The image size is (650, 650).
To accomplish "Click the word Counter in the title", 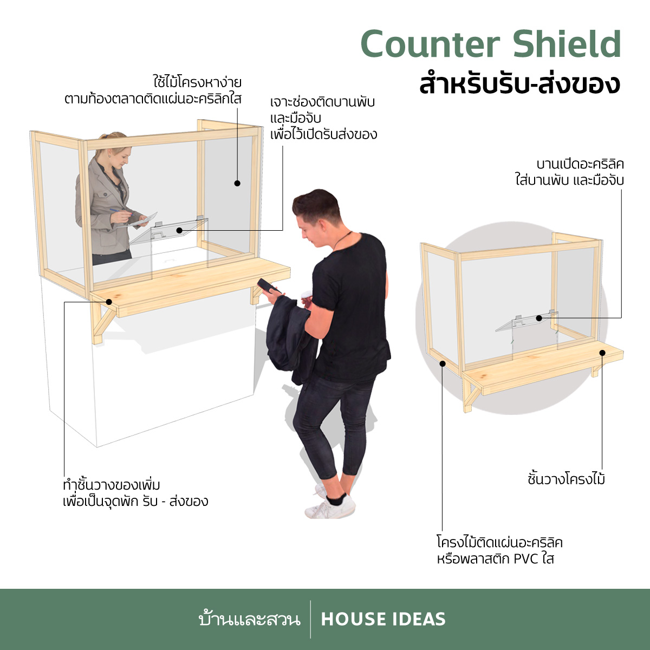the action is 430,44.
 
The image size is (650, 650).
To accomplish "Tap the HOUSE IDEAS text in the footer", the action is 383,619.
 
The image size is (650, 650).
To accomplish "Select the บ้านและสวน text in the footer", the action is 250,619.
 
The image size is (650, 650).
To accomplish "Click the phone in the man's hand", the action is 268,286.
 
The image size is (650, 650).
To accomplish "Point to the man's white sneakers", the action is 330,502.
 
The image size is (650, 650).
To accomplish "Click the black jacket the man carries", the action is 290,341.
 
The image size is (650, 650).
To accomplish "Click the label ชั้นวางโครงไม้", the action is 567,478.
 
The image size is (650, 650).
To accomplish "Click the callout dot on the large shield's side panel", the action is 237,183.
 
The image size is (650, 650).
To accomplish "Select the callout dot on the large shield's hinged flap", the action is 179,230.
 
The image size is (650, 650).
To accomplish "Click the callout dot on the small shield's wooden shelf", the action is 602,353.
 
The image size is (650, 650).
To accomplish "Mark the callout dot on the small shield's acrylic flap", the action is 539,318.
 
